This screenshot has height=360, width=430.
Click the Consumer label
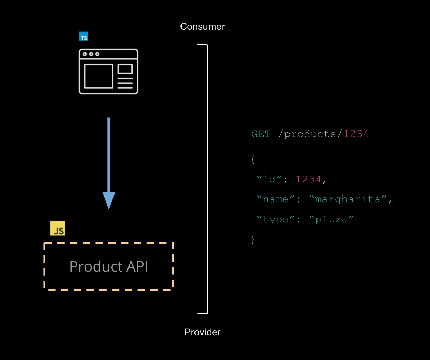click(202, 27)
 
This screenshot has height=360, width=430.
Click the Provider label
click(202, 332)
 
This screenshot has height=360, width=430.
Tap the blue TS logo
click(83, 37)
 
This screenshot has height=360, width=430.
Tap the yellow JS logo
click(57, 229)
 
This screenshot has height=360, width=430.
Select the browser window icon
click(108, 71)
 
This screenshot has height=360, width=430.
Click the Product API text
click(109, 266)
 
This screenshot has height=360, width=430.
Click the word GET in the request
click(261, 134)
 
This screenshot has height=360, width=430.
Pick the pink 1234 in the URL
click(356, 134)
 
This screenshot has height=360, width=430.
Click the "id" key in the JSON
click(269, 179)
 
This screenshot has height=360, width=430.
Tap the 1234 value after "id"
click(308, 179)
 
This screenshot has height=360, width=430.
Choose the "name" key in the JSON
click(276, 199)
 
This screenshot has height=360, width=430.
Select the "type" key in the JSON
click(276, 219)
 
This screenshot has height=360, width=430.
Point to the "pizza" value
click(331, 219)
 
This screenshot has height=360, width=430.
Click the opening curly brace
click(253, 159)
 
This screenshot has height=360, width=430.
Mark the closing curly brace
click(253, 239)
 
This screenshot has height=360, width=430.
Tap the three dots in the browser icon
click(91, 54)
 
